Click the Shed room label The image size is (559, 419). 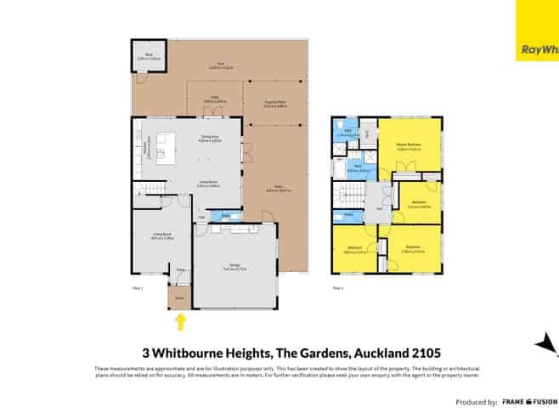pyautogui.click(x=147, y=56)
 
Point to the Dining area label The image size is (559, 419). pyautogui.click(x=209, y=140)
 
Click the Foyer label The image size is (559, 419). pyautogui.click(x=180, y=270)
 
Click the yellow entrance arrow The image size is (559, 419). pyautogui.click(x=179, y=321)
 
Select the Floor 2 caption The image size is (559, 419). pyautogui.click(x=337, y=289)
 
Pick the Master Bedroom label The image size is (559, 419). pyautogui.click(x=409, y=145)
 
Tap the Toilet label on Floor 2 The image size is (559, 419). pyautogui.click(x=348, y=216)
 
